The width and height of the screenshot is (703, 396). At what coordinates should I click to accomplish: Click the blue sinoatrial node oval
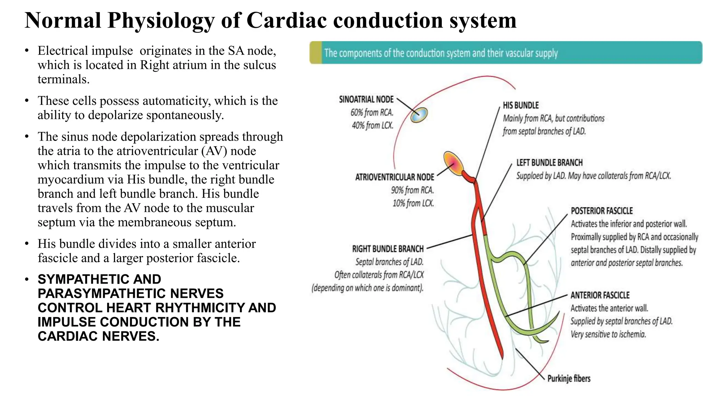[419, 115]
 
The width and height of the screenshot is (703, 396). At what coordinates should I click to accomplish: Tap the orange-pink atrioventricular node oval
[453, 164]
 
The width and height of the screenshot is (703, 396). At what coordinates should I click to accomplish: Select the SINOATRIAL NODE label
[366, 99]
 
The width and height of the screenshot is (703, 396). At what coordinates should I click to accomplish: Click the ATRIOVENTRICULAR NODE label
[394, 177]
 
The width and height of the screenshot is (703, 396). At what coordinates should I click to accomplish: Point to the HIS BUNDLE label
[521, 105]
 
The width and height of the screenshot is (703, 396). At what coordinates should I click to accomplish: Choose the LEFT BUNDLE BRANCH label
[549, 163]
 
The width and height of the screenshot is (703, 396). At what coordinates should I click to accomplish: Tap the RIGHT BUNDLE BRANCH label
[388, 249]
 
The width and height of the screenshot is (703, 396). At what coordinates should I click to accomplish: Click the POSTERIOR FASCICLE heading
[601, 211]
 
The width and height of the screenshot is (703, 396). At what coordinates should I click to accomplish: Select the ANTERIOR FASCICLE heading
[600, 295]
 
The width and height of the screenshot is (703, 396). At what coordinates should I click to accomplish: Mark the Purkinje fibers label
[569, 378]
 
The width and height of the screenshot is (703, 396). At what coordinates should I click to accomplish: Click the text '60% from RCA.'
[372, 112]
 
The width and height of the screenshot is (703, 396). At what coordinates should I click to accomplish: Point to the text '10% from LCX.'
[413, 203]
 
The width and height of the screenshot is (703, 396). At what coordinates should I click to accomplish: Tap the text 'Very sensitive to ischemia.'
[608, 334]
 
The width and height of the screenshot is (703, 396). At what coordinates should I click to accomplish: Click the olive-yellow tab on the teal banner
[316, 53]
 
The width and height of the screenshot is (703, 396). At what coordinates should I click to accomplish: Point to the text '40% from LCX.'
[372, 125]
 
